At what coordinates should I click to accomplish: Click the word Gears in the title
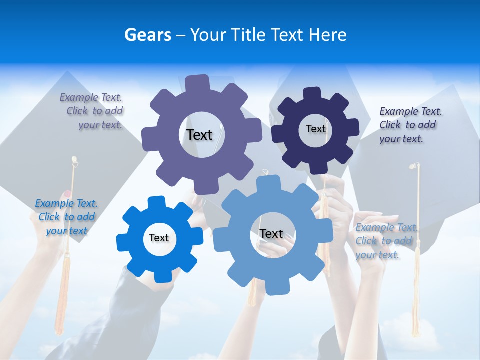pyautogui.click(x=147, y=35)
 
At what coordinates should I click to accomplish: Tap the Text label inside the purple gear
pyautogui.click(x=199, y=135)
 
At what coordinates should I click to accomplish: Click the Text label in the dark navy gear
pyautogui.click(x=315, y=129)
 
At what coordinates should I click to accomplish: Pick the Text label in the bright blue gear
pyautogui.click(x=159, y=238)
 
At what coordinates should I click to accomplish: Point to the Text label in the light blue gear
pyautogui.click(x=271, y=234)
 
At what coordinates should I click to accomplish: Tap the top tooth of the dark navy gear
pyautogui.click(x=312, y=94)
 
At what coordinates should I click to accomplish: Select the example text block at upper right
pyautogui.click(x=410, y=125)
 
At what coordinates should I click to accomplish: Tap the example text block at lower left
pyautogui.click(x=66, y=217)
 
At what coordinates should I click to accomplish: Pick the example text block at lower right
pyautogui.click(x=386, y=241)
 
